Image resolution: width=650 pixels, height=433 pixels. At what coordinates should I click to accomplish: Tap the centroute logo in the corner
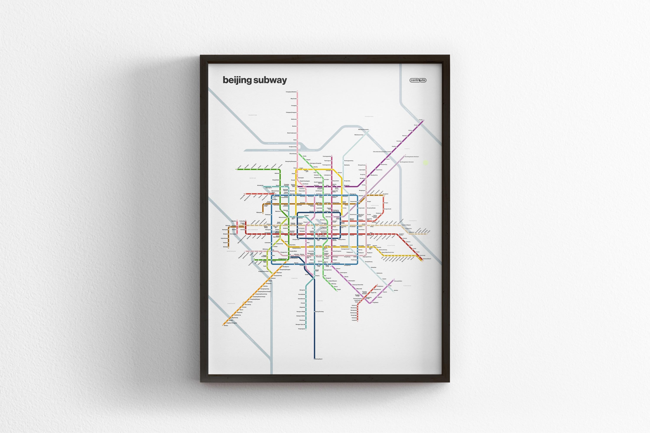pos(418,80)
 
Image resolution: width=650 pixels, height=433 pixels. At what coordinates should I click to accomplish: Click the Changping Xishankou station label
pos(291,92)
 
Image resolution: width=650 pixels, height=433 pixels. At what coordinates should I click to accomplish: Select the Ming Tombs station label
pos(294,99)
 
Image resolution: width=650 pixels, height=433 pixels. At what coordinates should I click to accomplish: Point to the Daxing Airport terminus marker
pos(315,359)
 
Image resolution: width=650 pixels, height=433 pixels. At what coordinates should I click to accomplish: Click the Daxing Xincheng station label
pos(319,312)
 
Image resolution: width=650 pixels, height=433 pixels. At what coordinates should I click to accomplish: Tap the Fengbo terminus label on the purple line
pos(421,120)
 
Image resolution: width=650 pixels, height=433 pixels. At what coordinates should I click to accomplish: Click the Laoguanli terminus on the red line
pos(354,320)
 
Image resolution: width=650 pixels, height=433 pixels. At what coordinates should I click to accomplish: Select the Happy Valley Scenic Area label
pos(387,252)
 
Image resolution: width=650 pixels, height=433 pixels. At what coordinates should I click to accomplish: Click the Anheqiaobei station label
pos(260,185)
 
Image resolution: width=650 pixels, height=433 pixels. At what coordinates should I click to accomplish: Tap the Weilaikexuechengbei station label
pos(363,129)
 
